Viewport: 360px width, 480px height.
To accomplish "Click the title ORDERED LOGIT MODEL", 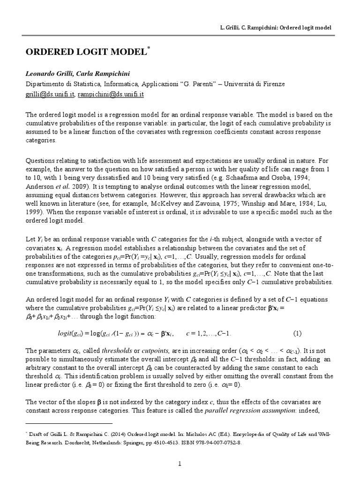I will point(86,52).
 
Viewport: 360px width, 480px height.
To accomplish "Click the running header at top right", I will point(276,28).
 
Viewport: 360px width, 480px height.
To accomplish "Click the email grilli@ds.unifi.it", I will point(49,94).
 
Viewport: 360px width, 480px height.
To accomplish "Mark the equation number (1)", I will point(297,333).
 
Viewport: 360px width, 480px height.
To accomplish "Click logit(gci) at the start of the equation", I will point(70,334).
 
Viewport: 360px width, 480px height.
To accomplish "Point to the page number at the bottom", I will point(179,464).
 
